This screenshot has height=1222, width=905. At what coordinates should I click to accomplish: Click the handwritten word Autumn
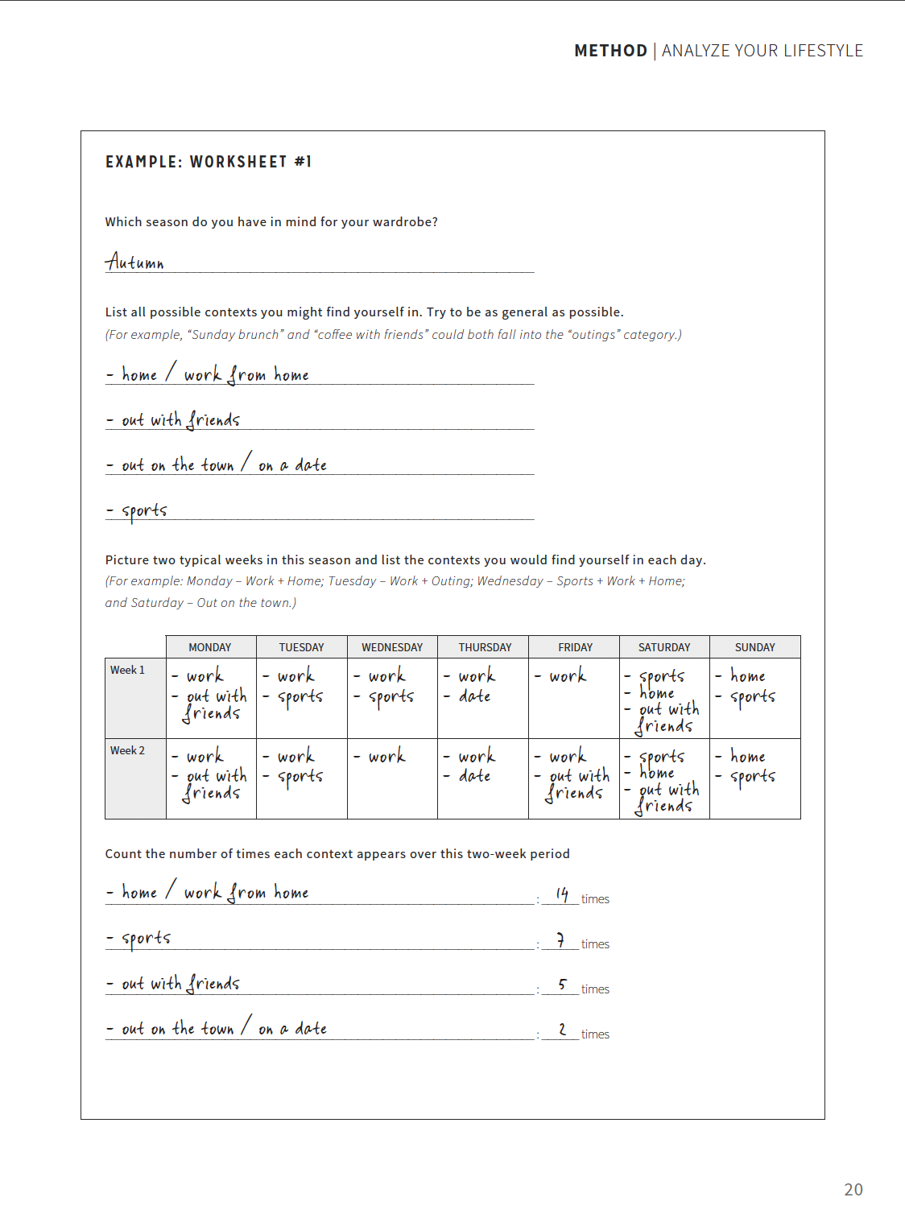134,262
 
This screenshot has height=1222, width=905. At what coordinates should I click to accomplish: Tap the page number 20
853,1189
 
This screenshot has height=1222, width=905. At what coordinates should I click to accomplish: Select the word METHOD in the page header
610,51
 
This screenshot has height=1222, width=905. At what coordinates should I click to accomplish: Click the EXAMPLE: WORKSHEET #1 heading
209,162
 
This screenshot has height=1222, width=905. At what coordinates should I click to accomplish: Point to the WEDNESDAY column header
392,647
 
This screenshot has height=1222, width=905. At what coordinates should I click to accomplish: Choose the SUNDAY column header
754,647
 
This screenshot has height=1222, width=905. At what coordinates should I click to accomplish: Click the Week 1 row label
128,670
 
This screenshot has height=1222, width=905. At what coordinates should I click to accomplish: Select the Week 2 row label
128,750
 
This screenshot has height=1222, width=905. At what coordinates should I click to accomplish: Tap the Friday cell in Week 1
573,698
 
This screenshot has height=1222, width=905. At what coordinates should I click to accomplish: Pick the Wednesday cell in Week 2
392,778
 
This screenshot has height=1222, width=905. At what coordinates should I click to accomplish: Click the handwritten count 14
562,894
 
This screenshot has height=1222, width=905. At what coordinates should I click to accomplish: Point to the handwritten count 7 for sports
560,939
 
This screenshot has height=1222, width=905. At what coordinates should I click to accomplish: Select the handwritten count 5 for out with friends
562,985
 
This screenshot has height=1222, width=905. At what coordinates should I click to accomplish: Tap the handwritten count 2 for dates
562,1030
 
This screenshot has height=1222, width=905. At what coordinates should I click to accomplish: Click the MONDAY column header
210,647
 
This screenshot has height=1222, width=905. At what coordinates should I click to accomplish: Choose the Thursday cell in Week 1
482,698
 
